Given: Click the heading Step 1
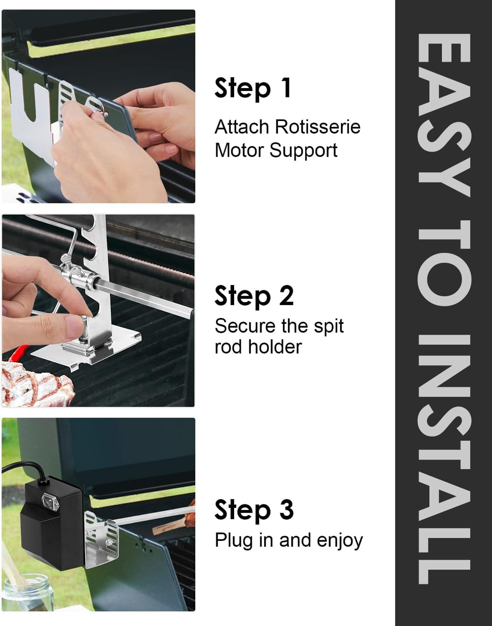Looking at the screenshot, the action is point(253,89).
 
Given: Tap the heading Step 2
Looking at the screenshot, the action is point(254,296).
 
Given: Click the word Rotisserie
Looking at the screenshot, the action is point(317,127).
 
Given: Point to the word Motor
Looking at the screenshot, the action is point(239,151).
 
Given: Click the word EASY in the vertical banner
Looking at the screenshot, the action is point(444,115).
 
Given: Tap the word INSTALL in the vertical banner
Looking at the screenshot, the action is point(444,459).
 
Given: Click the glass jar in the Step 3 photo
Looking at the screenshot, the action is point(28,594).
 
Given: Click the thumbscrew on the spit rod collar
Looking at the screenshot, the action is point(66,260).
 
